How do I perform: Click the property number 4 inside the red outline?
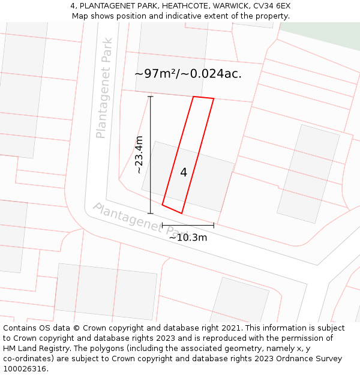click(x=184, y=172)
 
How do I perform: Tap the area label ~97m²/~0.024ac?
click(x=188, y=74)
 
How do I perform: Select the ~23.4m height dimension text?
click(x=139, y=155)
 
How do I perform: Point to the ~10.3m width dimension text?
click(x=188, y=237)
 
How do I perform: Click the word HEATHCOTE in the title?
click(x=177, y=6)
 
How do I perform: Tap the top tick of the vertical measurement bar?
click(x=151, y=97)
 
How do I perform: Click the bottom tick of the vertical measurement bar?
click(x=151, y=213)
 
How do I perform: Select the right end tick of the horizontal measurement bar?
click(x=214, y=226)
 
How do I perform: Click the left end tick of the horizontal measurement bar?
click(x=162, y=226)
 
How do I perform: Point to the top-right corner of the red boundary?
click(x=214, y=98)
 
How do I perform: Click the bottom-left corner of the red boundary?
click(x=163, y=205)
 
